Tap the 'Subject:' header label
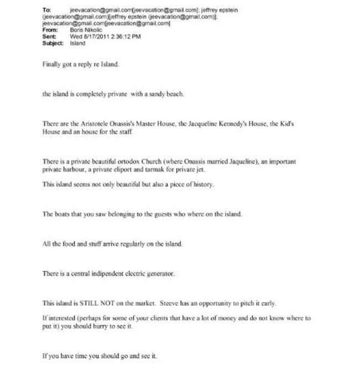point(52,43)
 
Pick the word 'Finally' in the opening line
point(52,64)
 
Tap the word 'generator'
point(160,274)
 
